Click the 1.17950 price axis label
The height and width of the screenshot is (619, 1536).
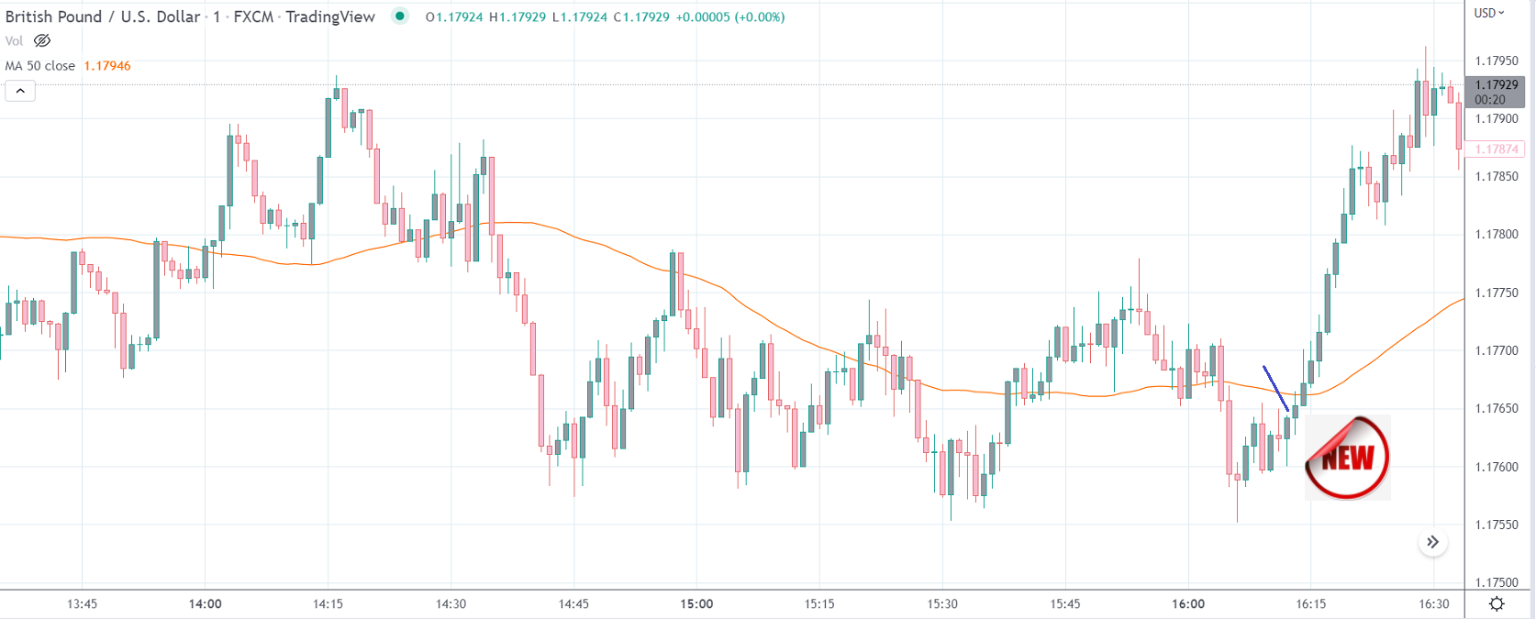tap(1496, 61)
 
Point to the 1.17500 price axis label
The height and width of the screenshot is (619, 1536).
tap(1496, 582)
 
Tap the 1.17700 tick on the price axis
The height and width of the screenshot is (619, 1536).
tap(1496, 350)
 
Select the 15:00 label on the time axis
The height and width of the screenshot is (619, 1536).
tap(696, 603)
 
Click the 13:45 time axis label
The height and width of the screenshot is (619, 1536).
tap(82, 603)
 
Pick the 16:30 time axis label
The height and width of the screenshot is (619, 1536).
tap(1434, 603)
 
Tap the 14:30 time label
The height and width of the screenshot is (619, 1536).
tap(451, 603)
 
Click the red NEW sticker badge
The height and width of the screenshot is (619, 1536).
tap(1347, 458)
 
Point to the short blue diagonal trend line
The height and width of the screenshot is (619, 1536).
tap(1275, 388)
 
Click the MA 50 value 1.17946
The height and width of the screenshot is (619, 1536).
tap(107, 66)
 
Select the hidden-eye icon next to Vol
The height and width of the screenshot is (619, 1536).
tap(42, 40)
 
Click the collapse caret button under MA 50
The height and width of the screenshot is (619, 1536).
tap(20, 91)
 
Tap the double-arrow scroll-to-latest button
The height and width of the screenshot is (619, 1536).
tap(1432, 542)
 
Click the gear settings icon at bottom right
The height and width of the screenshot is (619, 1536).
tap(1497, 603)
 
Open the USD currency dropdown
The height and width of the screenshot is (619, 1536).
tap(1489, 13)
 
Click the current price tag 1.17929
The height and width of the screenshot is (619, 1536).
tap(1497, 85)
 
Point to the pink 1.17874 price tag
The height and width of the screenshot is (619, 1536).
tap(1497, 149)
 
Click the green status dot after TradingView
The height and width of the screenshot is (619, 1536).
tap(400, 16)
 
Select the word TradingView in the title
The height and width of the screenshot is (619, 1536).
tap(330, 17)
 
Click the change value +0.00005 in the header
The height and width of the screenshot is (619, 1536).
tap(702, 17)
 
